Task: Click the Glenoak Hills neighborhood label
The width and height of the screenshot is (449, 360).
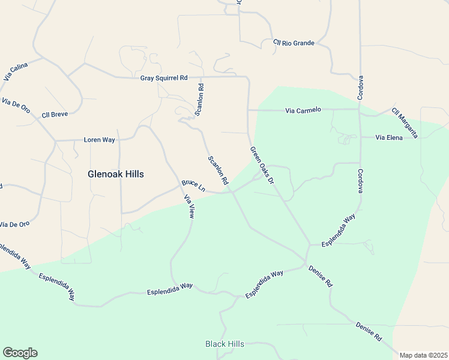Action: [x=116, y=174]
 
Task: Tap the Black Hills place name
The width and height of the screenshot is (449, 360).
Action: [x=224, y=344]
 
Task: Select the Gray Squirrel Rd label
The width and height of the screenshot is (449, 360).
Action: [x=164, y=78]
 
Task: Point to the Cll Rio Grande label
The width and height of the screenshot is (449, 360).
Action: [x=294, y=43]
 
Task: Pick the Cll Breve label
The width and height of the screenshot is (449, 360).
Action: [x=55, y=114]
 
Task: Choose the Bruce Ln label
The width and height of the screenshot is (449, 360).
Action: [x=193, y=186]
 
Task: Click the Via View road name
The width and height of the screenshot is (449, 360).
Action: [x=190, y=207]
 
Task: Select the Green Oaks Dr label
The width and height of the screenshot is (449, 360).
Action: [x=262, y=165]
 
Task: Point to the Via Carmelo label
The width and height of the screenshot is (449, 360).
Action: [x=303, y=110]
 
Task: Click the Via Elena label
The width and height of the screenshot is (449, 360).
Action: [x=388, y=137]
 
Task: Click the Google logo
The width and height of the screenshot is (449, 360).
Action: [x=20, y=353]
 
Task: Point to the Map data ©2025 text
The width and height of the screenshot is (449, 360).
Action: [x=423, y=355]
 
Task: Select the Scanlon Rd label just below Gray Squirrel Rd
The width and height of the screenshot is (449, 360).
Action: [x=199, y=100]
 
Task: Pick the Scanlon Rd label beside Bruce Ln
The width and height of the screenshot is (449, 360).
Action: [x=218, y=170]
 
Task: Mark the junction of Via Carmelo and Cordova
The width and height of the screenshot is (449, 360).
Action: [x=360, y=110]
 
